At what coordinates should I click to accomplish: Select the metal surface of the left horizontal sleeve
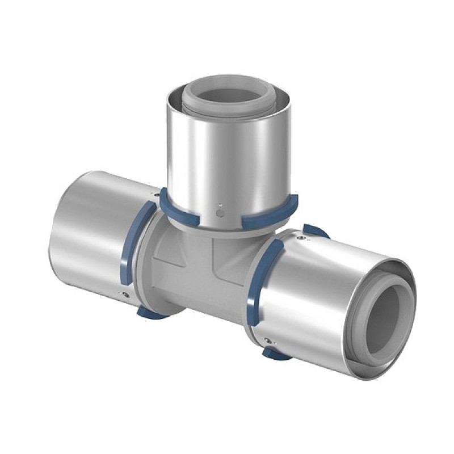click(x=96, y=227)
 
